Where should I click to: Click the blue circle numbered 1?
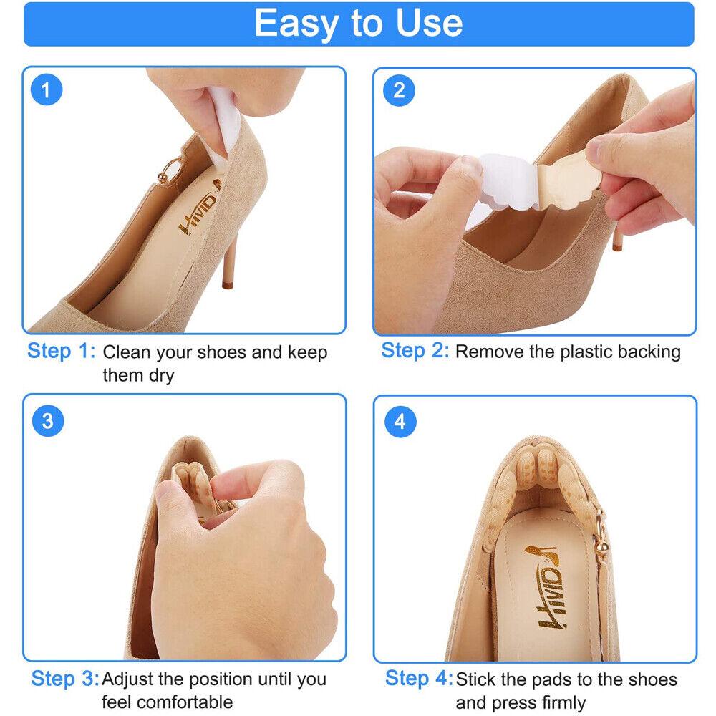pyautogui.click(x=46, y=90)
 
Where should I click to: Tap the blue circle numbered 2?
pyautogui.click(x=399, y=90)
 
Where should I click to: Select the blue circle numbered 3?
pyautogui.click(x=48, y=420)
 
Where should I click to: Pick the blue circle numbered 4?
pyautogui.click(x=400, y=422)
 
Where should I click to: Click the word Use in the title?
pyautogui.click(x=429, y=23)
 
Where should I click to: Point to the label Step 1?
pyautogui.click(x=61, y=351)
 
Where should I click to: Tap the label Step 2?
pyautogui.click(x=415, y=351)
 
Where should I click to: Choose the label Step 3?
pyautogui.click(x=65, y=679)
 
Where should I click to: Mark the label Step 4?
pyautogui.click(x=419, y=678)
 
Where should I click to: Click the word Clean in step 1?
pyautogui.click(x=126, y=352)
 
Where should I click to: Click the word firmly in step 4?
pyautogui.click(x=563, y=702)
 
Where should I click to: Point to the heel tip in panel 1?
pyautogui.click(x=228, y=286)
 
